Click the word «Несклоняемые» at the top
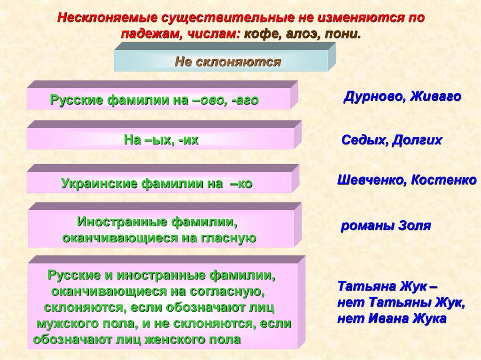[107, 18]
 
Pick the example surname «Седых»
[363, 140]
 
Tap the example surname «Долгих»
[418, 140]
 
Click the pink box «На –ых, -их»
[161, 139]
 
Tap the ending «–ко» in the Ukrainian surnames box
[241, 184]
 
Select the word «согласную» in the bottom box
[226, 291]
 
